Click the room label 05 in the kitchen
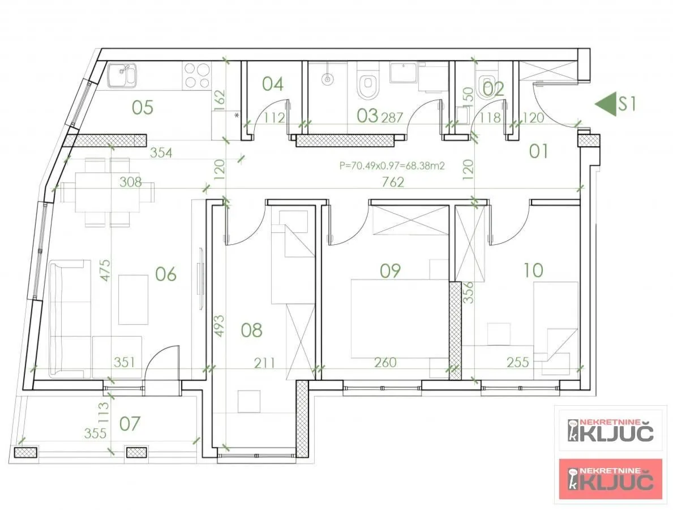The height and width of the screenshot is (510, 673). point(143,107)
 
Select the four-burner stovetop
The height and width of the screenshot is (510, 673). point(197,75)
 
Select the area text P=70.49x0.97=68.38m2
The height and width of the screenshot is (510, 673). point(391,166)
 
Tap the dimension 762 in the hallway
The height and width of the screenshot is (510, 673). point(393,182)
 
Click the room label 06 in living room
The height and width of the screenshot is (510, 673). point(165,274)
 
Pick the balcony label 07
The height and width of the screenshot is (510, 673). point(130,423)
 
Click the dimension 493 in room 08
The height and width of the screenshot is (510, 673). point(220,327)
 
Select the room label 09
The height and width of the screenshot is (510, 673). point(390,271)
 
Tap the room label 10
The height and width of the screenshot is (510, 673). point(533,270)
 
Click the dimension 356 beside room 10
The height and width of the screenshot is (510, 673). point(468,293)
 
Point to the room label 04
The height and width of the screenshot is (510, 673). point(273,84)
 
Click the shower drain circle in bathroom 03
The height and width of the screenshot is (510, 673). point(327,80)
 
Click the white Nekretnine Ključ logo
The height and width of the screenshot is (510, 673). point(610,431)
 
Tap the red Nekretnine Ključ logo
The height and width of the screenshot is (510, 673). point(610,479)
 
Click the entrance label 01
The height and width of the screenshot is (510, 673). point(538,151)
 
